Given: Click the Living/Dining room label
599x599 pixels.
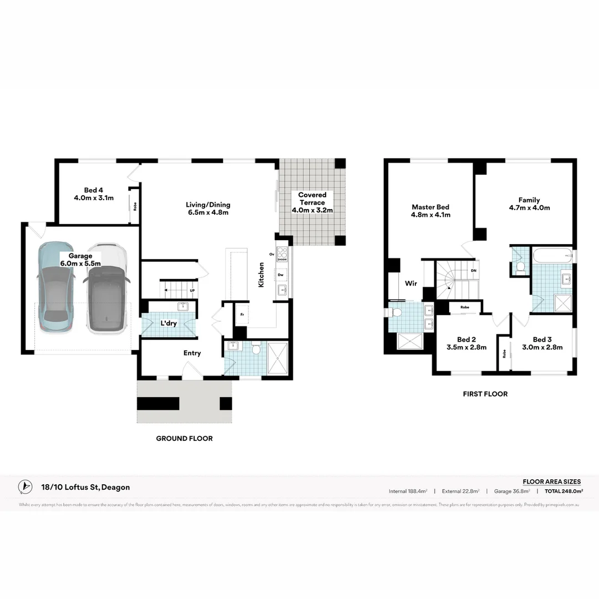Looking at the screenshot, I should pyautogui.click(x=207, y=209).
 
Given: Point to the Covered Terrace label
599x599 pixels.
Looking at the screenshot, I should pyautogui.click(x=312, y=202).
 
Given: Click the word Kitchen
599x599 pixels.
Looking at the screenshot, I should pyautogui.click(x=261, y=275).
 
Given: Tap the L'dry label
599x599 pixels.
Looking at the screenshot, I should pyautogui.click(x=168, y=323).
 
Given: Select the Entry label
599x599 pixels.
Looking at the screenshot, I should pyautogui.click(x=192, y=353).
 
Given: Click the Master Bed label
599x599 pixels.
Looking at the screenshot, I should pyautogui.click(x=430, y=211).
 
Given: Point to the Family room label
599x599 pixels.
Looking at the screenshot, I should pyautogui.click(x=529, y=204).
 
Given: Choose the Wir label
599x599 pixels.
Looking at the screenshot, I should pyautogui.click(x=410, y=283).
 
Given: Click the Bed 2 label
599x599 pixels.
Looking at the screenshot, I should pyautogui.click(x=466, y=343).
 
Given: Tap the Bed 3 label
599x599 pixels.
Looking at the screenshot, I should pyautogui.click(x=542, y=343).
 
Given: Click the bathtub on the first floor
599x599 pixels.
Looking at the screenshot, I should pyautogui.click(x=552, y=256).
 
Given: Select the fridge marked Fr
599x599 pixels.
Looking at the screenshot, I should pyautogui.click(x=242, y=314).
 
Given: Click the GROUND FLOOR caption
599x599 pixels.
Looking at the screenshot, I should pyautogui.click(x=184, y=438).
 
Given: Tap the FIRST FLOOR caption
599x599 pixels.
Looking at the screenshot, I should pyautogui.click(x=485, y=394).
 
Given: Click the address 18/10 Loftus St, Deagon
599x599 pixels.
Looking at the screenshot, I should pyautogui.click(x=85, y=487).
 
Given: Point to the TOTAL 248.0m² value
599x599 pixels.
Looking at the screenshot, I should pyautogui.click(x=564, y=491).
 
